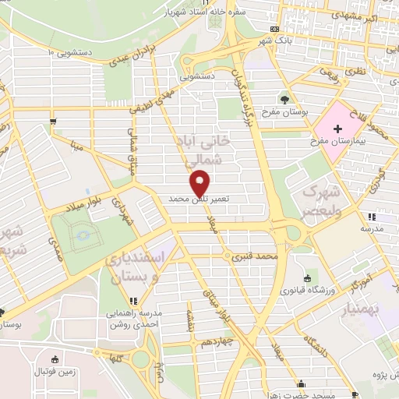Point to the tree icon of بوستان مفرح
[284, 99]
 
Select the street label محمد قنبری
[260, 256]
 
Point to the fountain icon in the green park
[84, 233]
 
